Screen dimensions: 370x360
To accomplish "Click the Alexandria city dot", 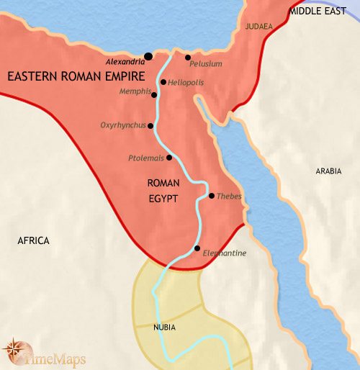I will [148, 55].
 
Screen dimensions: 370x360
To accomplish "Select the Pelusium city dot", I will [187, 58].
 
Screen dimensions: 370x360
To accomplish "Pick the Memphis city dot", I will [154, 94].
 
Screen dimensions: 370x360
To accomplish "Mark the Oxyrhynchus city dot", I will [150, 125].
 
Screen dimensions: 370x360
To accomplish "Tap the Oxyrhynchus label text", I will [122, 125].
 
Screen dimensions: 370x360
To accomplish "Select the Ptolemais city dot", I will [169, 157].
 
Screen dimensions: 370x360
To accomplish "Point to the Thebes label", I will [229, 197].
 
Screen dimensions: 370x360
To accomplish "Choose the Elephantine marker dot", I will [197, 248].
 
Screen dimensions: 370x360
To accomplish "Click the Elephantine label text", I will [225, 253].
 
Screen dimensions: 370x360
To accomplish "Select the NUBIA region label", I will [164, 328].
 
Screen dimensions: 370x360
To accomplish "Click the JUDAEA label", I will [258, 27].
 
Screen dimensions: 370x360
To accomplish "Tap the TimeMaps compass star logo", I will [14, 350].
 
